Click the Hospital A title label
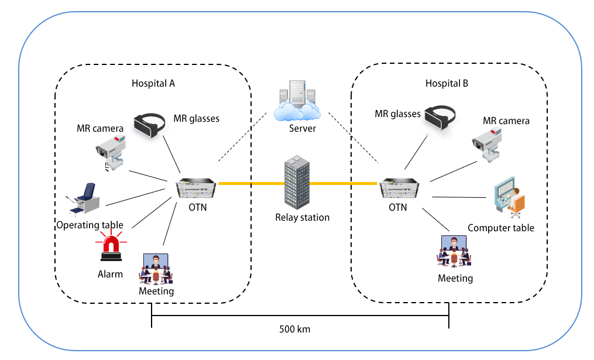click(x=153, y=83)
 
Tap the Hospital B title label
click(x=447, y=83)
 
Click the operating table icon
click(x=84, y=200)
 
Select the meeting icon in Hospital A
click(x=155, y=268)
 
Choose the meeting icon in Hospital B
click(x=454, y=251)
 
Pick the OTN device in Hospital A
click(x=196, y=189)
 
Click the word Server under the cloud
click(x=303, y=128)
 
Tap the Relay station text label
click(x=302, y=217)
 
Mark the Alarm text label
click(x=111, y=273)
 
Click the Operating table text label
click(x=90, y=225)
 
